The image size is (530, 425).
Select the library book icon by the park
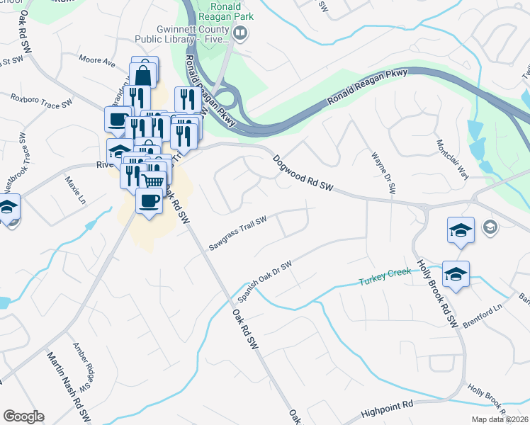pos(241,32)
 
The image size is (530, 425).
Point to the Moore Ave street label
pos(97,62)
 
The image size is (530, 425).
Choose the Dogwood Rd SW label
pos(303,174)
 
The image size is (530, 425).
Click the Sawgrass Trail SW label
pos(237,234)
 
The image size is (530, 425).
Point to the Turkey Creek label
pos(384,276)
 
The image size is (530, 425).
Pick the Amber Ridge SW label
pos(84,368)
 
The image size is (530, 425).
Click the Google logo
pos(23,416)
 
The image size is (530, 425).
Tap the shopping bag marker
pos(144,73)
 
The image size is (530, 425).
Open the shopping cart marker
pos(152,181)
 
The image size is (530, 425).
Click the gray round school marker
pos(489,227)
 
